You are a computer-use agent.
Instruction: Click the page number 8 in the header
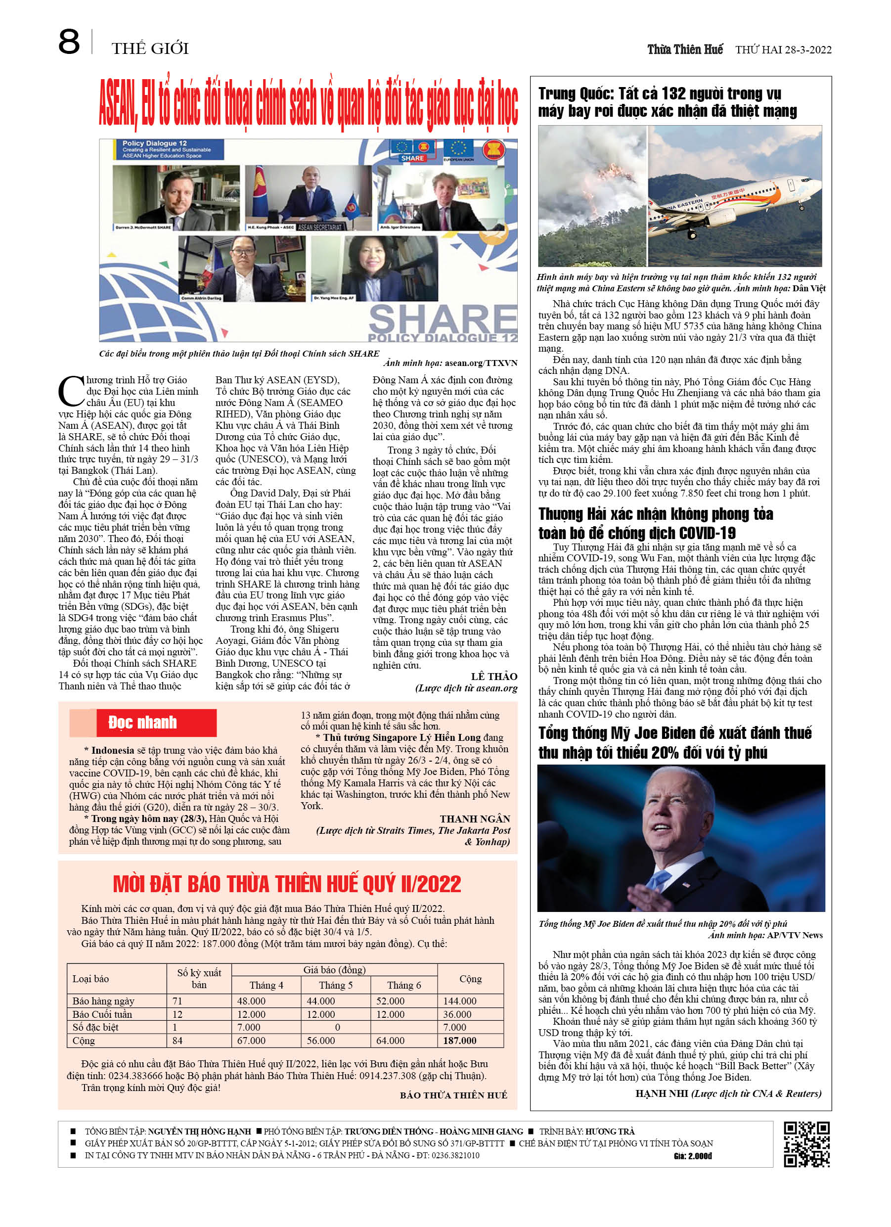69,42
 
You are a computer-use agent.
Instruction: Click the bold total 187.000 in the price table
459,1041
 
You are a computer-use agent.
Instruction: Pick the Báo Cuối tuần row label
102,1014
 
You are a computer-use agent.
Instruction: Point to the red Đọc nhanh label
143,722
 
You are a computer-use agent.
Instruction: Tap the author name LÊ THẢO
494,676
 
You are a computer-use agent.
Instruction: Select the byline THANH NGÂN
475,818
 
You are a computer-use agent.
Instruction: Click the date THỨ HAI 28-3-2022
783,50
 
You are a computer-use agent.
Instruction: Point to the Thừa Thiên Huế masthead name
684,50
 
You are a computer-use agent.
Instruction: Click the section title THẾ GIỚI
150,48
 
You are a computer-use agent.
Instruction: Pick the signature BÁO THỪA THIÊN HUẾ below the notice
453,1095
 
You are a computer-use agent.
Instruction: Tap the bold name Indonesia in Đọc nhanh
113,750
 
